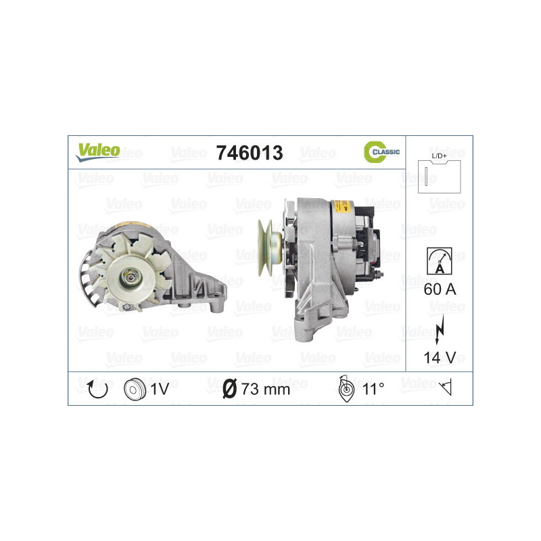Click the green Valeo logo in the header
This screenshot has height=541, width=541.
point(97,151)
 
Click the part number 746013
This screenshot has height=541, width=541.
point(248,153)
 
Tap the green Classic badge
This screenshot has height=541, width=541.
point(381,152)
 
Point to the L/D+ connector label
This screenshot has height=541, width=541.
point(440,156)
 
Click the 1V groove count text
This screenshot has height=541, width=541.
point(160,389)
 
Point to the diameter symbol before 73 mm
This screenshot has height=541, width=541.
point(229,389)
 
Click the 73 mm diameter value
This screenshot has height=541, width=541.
point(265,389)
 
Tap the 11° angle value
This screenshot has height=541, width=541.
point(373,389)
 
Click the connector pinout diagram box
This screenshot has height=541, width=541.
point(440,177)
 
